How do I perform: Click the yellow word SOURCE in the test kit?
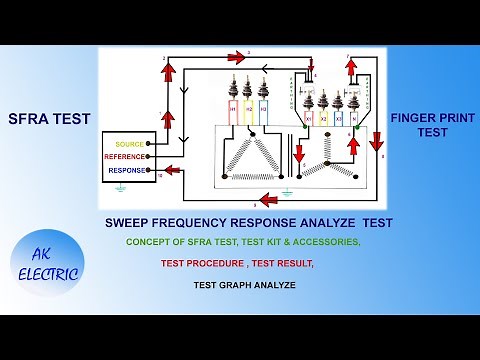coord(131,144)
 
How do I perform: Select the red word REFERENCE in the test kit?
coord(126,157)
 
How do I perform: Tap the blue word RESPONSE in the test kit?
coord(127,171)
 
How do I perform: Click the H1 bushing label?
coord(233,107)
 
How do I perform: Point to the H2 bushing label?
coord(248,107)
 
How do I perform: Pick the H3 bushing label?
coord(263,107)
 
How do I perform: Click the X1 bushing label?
coord(309,117)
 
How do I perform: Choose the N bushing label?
coord(356,117)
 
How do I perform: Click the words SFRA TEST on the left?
coord(49,119)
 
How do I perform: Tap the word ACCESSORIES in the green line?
coord(322,242)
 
